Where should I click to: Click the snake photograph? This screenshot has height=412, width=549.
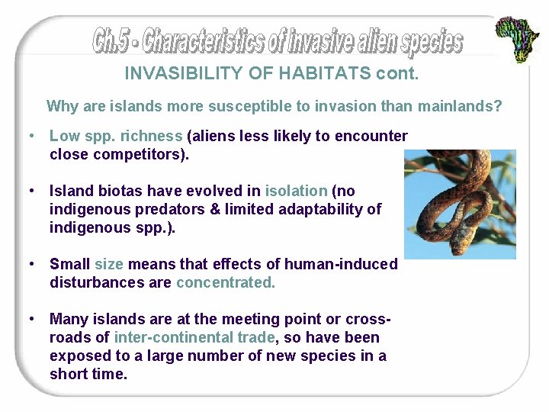point(460,204)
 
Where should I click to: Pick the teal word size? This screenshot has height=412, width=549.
point(108,264)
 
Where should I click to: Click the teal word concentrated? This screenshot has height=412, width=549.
point(226,282)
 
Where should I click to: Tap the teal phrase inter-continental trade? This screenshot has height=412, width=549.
point(194,337)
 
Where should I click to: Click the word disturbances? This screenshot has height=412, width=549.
point(93,282)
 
